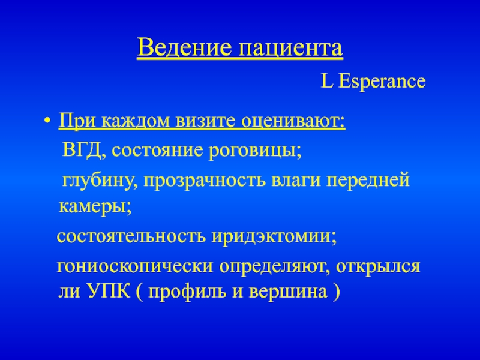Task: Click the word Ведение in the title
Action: pos(184,47)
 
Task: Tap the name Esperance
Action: pos(382,82)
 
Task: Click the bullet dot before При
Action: pos(47,120)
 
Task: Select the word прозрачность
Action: pos(204,181)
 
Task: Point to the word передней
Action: pos(367,181)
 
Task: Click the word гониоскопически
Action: pos(134,267)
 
